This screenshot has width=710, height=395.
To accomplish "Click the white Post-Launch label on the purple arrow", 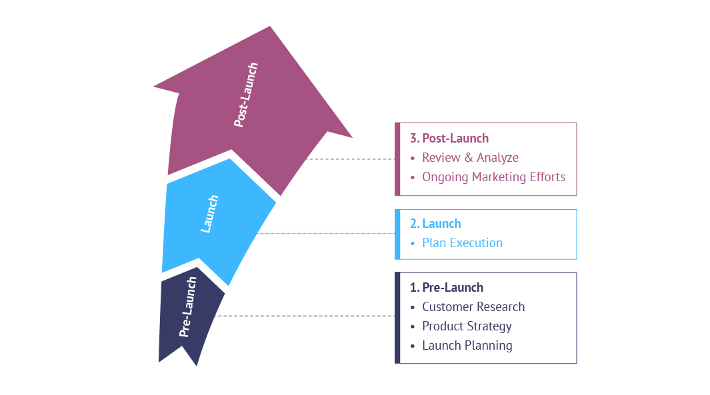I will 246,95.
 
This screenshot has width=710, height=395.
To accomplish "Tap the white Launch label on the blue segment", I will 209,214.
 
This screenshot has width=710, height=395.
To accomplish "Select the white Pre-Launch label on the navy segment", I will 189,306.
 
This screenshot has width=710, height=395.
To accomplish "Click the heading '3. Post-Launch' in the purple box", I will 449,139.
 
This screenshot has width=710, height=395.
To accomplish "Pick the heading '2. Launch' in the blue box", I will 435,224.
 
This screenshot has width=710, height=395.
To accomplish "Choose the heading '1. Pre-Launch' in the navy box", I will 447,288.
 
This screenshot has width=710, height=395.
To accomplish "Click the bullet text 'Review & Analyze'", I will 470,158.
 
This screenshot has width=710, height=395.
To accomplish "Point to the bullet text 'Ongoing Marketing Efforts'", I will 493,177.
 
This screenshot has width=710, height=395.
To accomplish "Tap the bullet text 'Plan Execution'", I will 462,243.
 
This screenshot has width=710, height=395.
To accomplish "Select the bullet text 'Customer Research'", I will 473,307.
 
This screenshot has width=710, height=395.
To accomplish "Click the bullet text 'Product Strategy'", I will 467,326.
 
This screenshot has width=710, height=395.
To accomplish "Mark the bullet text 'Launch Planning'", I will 467,346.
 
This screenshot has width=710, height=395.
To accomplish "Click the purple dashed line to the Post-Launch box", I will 350,159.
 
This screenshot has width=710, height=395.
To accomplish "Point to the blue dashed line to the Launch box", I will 327,233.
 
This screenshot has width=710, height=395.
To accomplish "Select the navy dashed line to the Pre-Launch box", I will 307,316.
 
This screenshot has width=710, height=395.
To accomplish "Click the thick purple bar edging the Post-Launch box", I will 397,159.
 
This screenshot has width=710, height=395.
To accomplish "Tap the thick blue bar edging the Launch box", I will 397,234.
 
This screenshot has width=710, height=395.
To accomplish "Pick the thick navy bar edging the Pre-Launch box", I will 397,318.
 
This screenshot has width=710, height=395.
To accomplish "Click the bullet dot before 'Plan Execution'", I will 413,243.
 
